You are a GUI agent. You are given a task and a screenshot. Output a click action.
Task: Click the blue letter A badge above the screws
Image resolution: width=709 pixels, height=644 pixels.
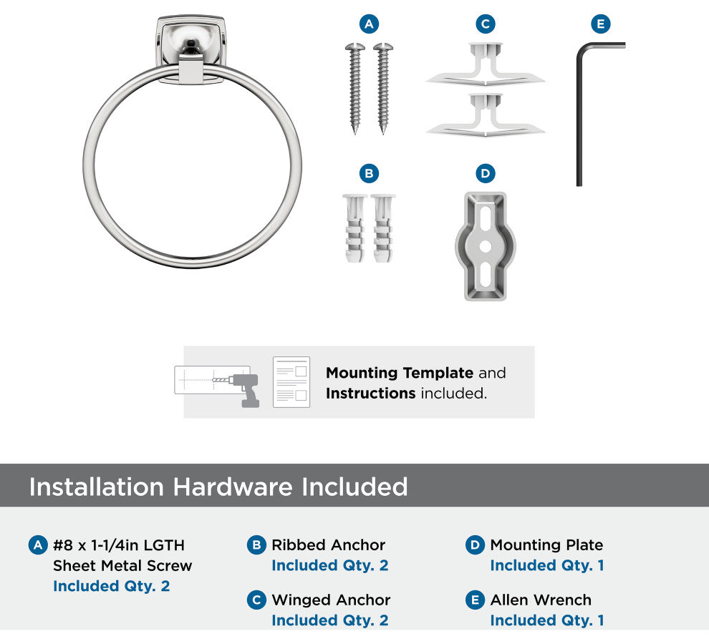[369, 24]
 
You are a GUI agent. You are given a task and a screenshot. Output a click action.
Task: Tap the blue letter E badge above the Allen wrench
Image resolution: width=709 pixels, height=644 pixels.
[600, 24]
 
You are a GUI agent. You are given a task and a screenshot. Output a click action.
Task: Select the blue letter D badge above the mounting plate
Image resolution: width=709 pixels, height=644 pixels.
[485, 173]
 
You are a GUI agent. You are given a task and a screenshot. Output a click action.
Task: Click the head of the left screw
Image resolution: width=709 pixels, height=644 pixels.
[355, 47]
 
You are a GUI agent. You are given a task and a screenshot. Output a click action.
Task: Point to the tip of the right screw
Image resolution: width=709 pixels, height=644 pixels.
[383, 133]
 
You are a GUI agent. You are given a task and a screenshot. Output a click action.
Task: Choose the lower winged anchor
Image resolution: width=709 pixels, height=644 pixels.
[486, 114]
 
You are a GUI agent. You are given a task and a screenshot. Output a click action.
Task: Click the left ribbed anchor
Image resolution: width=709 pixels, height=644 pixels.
[355, 228]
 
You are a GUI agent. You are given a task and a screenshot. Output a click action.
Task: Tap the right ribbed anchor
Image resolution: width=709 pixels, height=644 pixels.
[383, 228]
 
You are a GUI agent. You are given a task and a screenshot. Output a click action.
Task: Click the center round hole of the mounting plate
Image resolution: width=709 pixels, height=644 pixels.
[485, 247]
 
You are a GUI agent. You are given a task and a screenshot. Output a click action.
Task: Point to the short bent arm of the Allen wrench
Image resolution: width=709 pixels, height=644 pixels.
[602, 46]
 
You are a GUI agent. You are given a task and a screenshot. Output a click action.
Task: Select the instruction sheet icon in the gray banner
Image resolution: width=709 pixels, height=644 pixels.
[291, 382]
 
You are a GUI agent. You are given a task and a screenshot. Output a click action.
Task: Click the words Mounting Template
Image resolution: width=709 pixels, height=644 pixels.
[400, 373]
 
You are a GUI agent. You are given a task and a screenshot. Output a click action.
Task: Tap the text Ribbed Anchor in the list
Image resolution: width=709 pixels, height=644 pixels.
[328, 545]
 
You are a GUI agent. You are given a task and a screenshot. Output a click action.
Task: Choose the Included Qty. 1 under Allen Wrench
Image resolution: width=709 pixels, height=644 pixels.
[547, 620]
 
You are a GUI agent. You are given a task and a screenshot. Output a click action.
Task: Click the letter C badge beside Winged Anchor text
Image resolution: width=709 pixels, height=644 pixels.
[256, 600]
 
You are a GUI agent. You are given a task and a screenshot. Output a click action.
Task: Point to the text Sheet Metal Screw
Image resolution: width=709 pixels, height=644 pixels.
[122, 565]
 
